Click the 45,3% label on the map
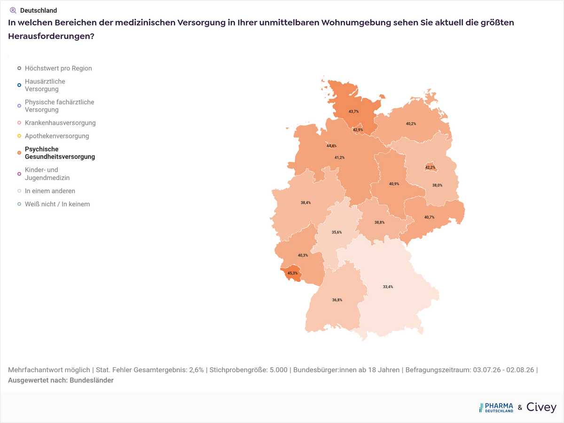(x=292, y=273)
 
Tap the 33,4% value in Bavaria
(x=388, y=287)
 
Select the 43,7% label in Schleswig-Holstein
(x=353, y=111)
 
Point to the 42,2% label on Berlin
(x=430, y=167)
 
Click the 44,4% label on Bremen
(x=331, y=146)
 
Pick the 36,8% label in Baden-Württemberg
(x=337, y=300)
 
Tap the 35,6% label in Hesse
(x=337, y=232)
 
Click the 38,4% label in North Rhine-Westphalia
(x=306, y=203)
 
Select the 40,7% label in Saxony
(x=430, y=217)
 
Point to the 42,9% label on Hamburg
(x=358, y=130)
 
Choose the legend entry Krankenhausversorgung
(x=60, y=123)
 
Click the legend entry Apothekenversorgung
(x=57, y=136)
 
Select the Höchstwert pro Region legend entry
(x=58, y=68)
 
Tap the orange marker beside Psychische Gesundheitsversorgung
(x=19, y=153)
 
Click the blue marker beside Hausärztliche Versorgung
(x=19, y=85)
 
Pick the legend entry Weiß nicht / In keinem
(x=57, y=204)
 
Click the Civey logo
(x=541, y=407)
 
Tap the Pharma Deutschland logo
(x=496, y=407)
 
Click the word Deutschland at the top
(x=39, y=10)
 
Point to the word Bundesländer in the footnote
(x=92, y=380)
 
